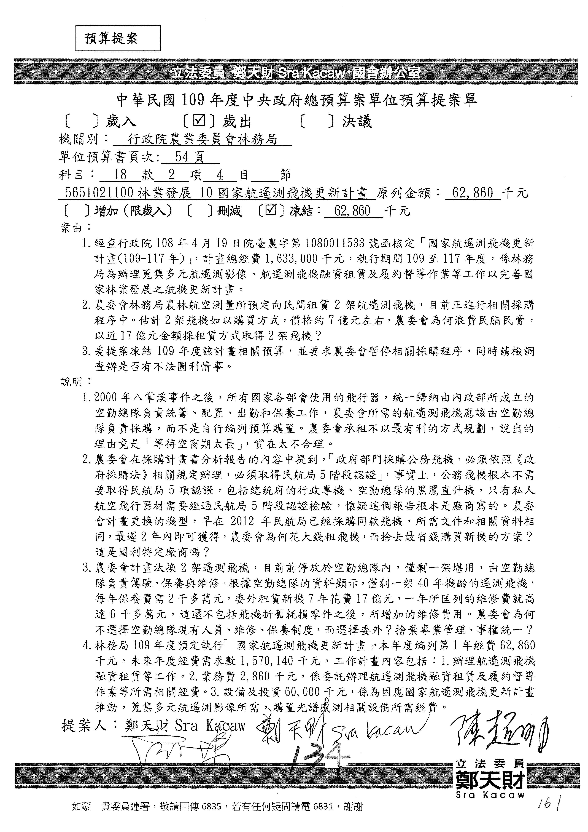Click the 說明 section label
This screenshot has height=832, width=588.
[72, 382]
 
